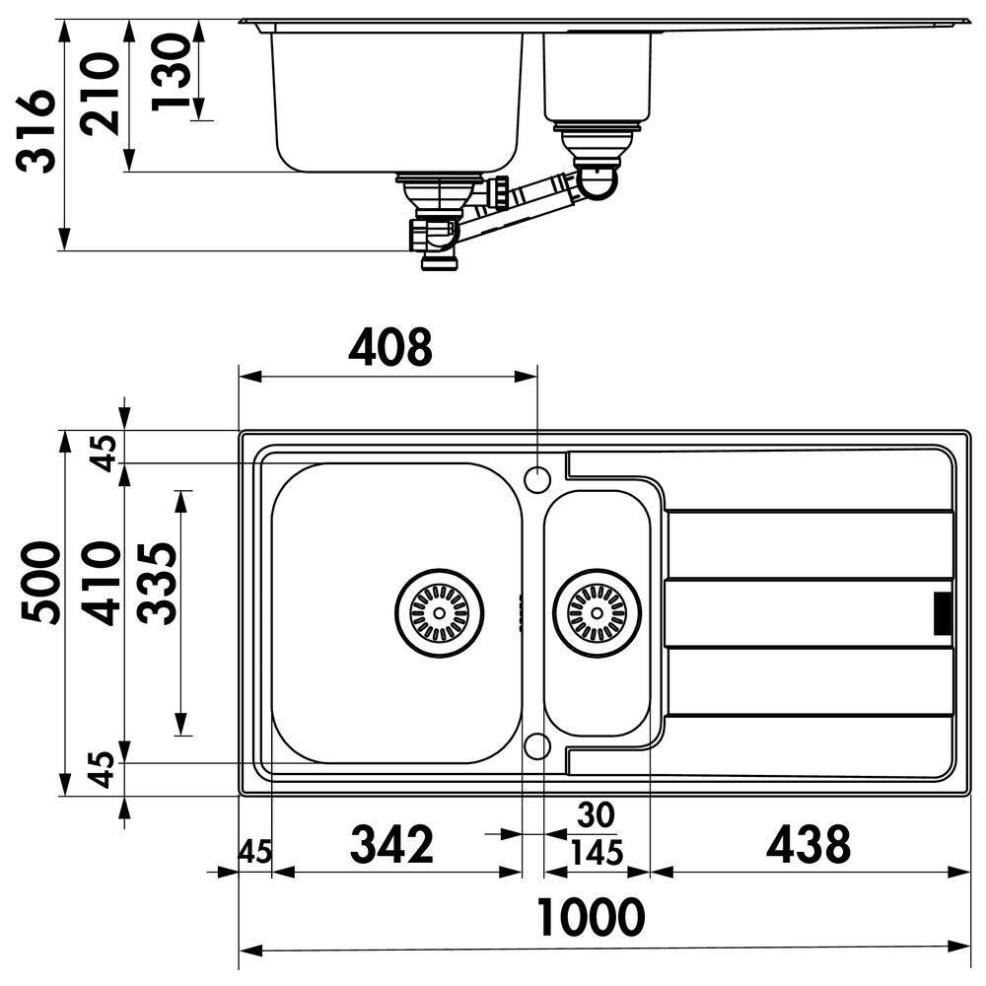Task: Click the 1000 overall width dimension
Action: [x=591, y=917]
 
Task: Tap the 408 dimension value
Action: [x=390, y=346]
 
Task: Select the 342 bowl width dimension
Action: [x=391, y=844]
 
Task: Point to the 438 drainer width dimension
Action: [x=809, y=844]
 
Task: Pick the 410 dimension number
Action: [x=102, y=583]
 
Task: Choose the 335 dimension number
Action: [x=157, y=583]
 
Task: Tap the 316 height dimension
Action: [x=36, y=131]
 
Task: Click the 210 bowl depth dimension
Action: [x=100, y=94]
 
